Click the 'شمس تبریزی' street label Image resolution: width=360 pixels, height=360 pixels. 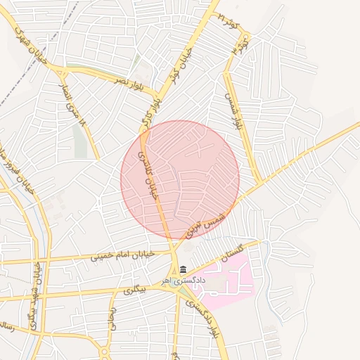207,223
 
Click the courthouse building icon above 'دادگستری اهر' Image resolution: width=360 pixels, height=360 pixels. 184,270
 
